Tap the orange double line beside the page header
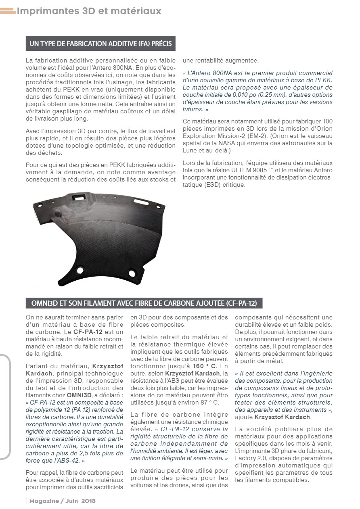(8, 12)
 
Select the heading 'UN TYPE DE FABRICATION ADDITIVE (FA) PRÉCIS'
(100, 44)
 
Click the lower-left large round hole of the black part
(80, 270)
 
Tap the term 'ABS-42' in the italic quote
(68, 460)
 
